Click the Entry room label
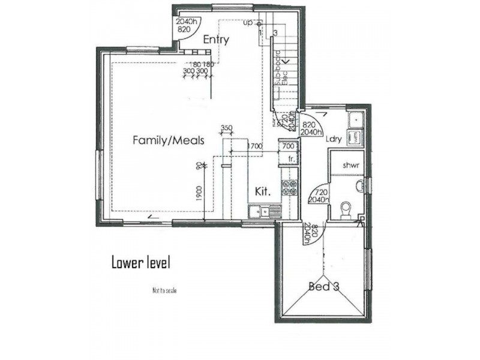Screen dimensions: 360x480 pyautogui.click(x=216, y=40)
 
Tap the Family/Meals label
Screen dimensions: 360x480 pyautogui.click(x=169, y=140)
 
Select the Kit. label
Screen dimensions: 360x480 pyautogui.click(x=263, y=192)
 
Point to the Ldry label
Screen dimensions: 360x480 pyautogui.click(x=334, y=139)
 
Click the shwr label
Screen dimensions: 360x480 pyautogui.click(x=351, y=165)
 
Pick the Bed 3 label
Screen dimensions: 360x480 pyautogui.click(x=324, y=287)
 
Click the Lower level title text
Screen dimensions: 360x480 pyautogui.click(x=142, y=262)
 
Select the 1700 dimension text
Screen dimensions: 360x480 pyautogui.click(x=254, y=146)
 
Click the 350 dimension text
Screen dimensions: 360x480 pyautogui.click(x=226, y=128)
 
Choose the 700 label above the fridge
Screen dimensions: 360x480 pyautogui.click(x=288, y=146)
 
